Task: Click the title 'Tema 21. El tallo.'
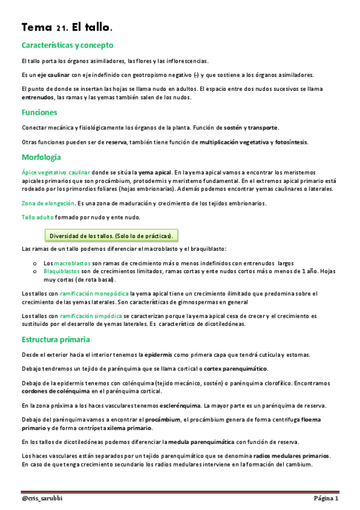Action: point(67,28)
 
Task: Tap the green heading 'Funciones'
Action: point(39,112)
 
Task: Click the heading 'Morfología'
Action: point(41,158)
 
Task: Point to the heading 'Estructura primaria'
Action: point(56,340)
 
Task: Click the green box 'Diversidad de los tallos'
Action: point(111,235)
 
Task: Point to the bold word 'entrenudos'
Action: point(38,97)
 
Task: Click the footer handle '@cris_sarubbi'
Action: point(44,499)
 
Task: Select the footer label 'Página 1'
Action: point(326,499)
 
